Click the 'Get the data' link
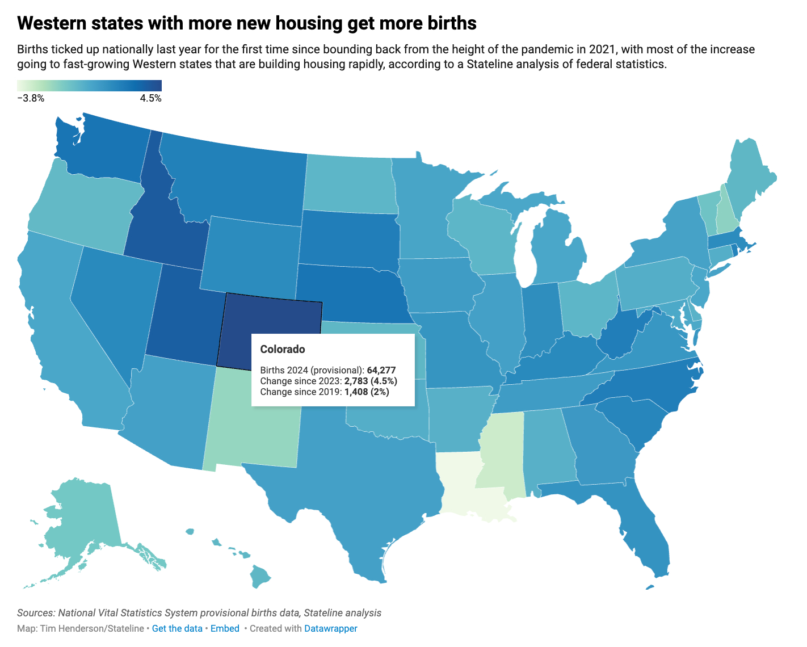tap(177, 628)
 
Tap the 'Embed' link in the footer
tap(225, 628)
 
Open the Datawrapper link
tap(331, 628)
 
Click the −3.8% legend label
tap(31, 98)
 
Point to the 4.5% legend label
tap(150, 98)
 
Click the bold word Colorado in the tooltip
tap(283, 349)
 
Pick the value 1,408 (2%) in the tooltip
tap(367, 392)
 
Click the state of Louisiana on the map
tap(463, 482)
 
